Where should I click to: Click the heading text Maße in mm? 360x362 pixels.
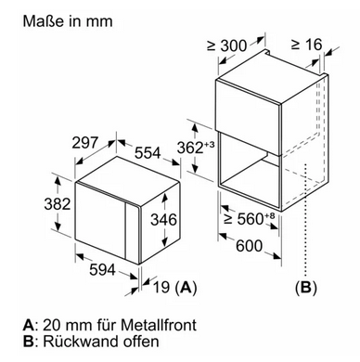click(x=68, y=21)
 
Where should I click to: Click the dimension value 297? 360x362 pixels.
click(x=85, y=143)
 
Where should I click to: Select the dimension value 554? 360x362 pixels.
click(x=148, y=153)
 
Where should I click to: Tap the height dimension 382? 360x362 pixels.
click(x=58, y=204)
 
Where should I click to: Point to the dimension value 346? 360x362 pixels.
click(x=163, y=219)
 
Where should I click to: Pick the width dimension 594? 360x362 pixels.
click(x=102, y=269)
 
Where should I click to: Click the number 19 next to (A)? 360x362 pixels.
click(x=161, y=287)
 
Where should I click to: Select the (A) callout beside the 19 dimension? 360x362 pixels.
click(x=186, y=288)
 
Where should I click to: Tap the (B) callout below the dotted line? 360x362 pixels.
click(x=306, y=288)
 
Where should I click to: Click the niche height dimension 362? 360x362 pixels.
click(x=190, y=148)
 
